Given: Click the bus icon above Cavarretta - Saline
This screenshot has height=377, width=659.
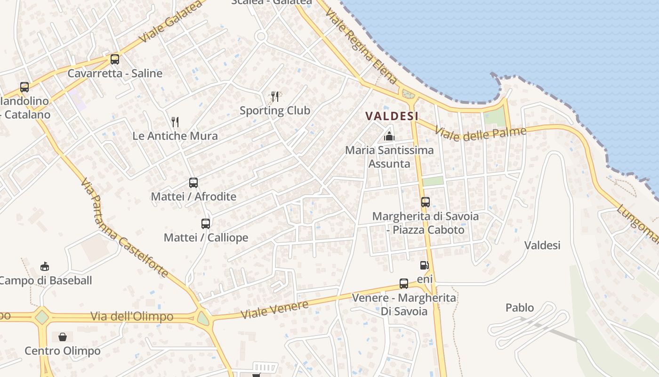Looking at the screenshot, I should (x=114, y=59).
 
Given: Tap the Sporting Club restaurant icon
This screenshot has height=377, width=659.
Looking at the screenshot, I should (x=275, y=97).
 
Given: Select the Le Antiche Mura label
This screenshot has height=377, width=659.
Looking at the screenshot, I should (x=175, y=136).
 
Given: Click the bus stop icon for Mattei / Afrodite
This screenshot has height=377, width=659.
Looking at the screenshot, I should (x=193, y=183).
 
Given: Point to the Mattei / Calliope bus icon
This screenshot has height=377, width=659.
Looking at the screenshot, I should (x=206, y=224).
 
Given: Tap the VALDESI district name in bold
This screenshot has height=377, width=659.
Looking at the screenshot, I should (x=392, y=116).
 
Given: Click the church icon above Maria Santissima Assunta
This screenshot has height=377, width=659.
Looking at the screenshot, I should (x=389, y=137).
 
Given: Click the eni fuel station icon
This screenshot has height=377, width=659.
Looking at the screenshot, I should (x=424, y=265).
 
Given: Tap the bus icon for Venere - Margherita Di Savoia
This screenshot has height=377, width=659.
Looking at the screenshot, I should (x=403, y=284).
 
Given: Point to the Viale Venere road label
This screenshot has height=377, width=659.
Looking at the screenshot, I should (x=274, y=309).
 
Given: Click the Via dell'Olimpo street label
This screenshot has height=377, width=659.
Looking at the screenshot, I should (x=132, y=316).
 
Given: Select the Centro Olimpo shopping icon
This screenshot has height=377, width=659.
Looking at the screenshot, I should (x=63, y=337).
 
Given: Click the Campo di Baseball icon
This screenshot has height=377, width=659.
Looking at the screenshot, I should (x=44, y=267).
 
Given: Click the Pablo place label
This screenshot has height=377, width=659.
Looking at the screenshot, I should (x=520, y=308).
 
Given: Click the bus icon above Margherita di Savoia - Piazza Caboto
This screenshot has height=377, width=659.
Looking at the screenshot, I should (x=426, y=202).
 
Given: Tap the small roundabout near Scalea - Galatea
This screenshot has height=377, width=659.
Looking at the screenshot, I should (x=261, y=36).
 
